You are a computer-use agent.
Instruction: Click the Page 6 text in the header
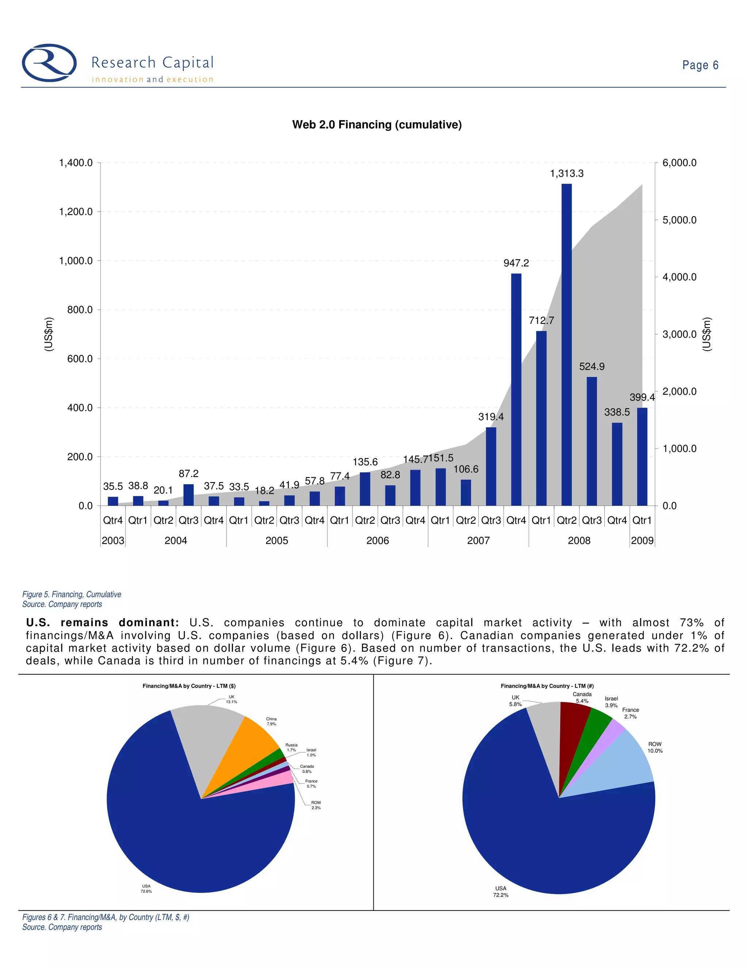[x=700, y=66]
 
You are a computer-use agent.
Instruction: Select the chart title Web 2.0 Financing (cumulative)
[x=377, y=125]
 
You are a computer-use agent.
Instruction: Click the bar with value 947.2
[x=516, y=390]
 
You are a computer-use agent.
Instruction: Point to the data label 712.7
[x=541, y=320]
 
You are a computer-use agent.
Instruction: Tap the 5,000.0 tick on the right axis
[x=679, y=220]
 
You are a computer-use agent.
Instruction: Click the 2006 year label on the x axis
[x=378, y=541]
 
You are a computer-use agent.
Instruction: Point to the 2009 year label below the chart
[x=642, y=541]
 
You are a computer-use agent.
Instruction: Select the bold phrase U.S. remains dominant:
[x=102, y=623]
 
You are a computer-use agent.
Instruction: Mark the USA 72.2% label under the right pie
[x=501, y=891]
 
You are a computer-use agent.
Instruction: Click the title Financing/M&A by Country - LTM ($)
[x=189, y=686]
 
